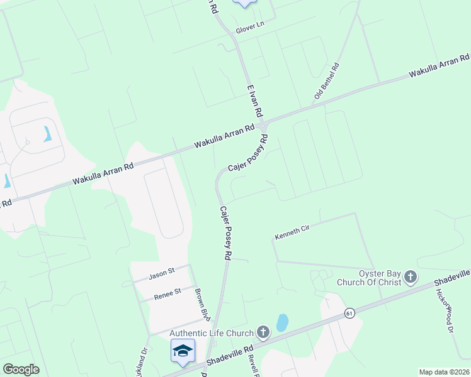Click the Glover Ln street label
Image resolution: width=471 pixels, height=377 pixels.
pyautogui.click(x=249, y=30)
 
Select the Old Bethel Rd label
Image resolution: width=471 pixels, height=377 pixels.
pyautogui.click(x=327, y=82)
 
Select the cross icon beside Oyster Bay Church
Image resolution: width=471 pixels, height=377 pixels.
pyautogui.click(x=410, y=277)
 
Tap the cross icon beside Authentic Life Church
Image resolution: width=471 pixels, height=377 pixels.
pyautogui.click(x=263, y=332)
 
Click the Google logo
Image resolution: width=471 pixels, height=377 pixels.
pyautogui.click(x=21, y=369)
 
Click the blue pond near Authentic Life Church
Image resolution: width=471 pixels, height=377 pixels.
pyautogui.click(x=282, y=322)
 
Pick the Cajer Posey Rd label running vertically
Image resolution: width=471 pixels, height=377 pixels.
pyautogui.click(x=225, y=233)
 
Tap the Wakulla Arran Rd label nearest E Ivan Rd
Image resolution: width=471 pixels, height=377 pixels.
pyautogui.click(x=224, y=136)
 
